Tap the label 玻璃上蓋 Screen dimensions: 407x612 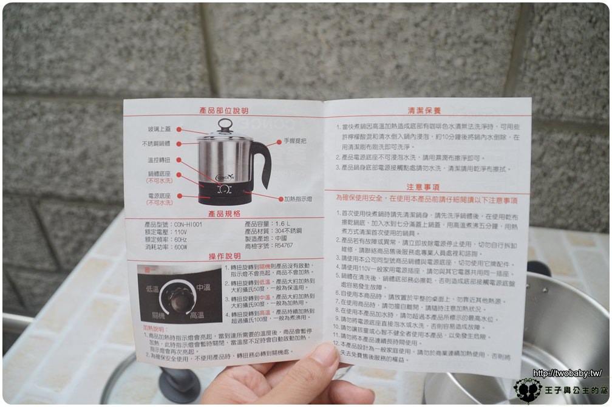(159, 129)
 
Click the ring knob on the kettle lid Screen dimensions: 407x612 (225, 125)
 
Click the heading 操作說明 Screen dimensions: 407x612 (224, 256)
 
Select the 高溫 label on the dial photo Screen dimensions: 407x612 (196, 316)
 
